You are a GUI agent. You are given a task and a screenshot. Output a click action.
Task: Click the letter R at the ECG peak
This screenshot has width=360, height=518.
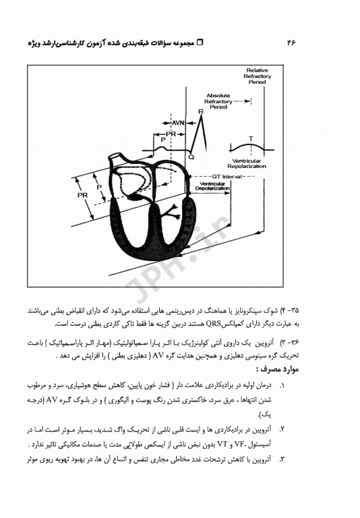pos(201,112)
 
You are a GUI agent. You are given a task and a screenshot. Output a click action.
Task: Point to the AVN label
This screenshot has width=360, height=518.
pos(179,124)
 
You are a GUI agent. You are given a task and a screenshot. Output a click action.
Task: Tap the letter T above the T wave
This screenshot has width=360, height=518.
pos(251,138)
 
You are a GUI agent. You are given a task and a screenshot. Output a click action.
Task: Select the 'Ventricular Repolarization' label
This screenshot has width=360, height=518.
pos(247,163)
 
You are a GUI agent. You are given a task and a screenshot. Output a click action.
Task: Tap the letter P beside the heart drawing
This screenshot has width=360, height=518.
pos(100,188)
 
